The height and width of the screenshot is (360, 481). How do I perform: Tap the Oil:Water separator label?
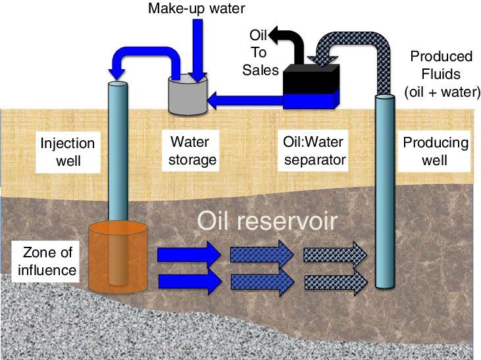[312, 151]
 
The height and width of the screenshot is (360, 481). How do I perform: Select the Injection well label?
[68, 151]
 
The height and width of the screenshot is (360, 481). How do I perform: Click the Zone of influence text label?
[44, 261]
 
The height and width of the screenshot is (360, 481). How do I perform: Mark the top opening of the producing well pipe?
[386, 98]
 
